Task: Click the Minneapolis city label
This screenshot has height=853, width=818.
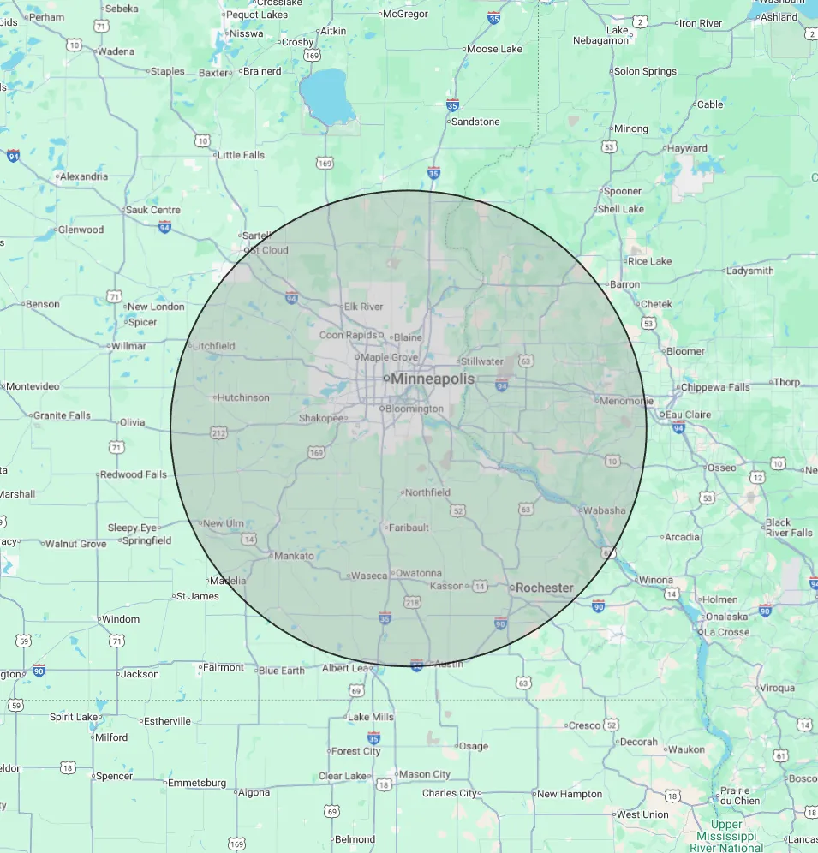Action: tap(433, 379)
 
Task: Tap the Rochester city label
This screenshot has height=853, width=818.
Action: tap(544, 588)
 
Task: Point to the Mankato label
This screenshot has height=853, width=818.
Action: tap(294, 556)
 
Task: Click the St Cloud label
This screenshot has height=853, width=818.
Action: tap(268, 250)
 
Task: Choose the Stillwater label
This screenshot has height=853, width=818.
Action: tap(482, 361)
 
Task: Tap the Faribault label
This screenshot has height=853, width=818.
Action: tap(409, 528)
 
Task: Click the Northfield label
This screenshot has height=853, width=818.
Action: tap(427, 492)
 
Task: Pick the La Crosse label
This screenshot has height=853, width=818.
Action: tap(726, 632)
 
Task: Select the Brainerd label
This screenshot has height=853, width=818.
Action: tap(261, 71)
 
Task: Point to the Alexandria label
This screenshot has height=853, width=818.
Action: tap(84, 176)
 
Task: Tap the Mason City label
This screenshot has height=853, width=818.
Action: tap(425, 774)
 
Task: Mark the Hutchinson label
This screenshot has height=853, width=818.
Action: tap(243, 397)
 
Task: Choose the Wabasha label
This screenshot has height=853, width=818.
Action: tap(604, 510)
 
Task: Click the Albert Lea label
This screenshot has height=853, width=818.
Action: tap(345, 668)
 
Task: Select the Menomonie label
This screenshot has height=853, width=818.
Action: tap(626, 400)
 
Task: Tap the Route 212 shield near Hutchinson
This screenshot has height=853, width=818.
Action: tap(218, 434)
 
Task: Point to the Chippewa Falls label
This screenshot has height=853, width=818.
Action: tap(715, 387)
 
